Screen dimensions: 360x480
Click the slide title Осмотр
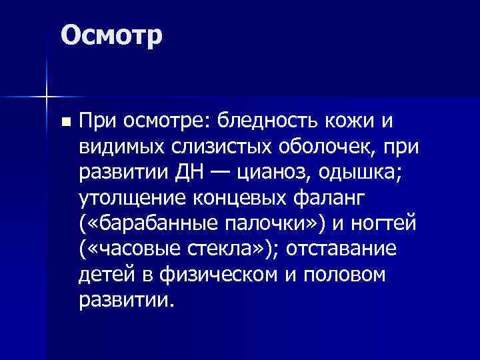111,35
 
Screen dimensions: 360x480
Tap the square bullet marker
65,123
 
